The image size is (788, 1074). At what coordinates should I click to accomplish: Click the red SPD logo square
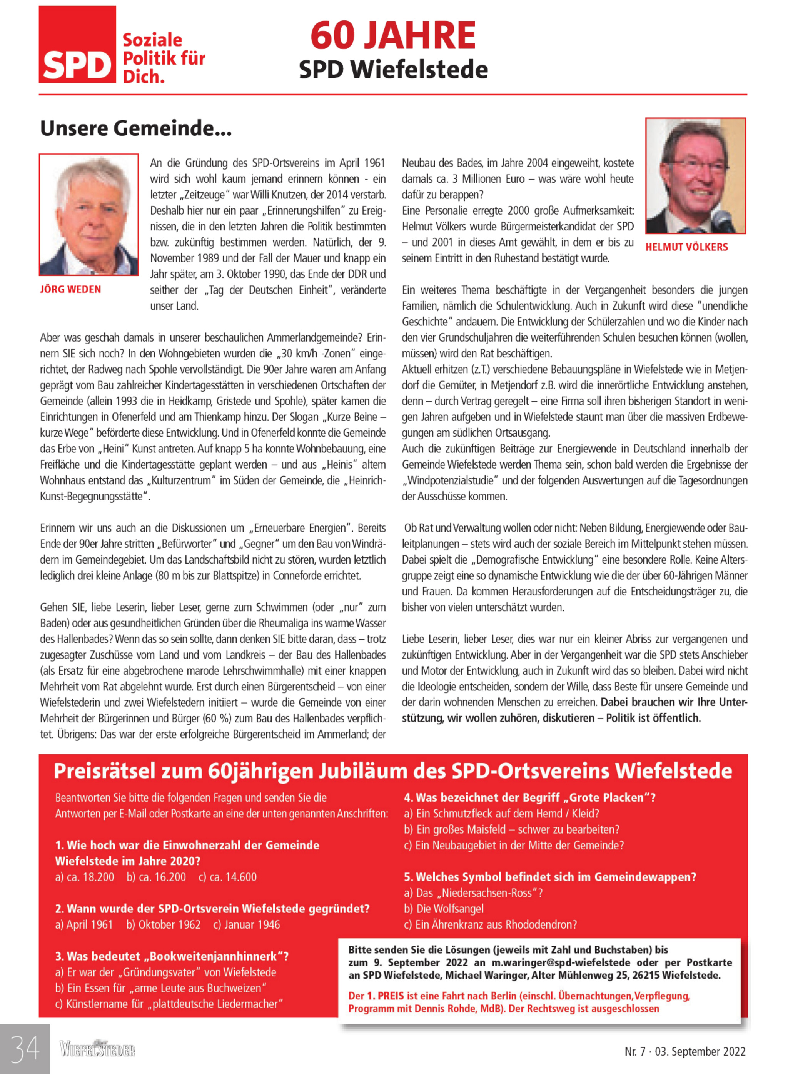77,44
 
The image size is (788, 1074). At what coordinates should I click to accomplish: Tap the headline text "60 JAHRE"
393,36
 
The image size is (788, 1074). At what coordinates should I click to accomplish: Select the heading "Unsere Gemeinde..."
136,129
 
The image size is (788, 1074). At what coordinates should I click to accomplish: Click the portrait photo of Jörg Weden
89,215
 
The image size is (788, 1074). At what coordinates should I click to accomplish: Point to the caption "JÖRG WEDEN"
70,290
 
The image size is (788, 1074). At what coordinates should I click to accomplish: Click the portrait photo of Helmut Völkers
695,175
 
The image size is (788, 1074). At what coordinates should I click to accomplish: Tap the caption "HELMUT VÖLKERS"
686,247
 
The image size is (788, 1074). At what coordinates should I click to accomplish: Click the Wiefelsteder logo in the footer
97,1049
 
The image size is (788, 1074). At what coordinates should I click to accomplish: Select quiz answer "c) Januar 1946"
247,925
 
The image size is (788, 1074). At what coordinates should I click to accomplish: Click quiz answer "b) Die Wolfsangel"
444,909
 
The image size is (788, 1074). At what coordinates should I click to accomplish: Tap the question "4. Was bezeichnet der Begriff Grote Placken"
529,798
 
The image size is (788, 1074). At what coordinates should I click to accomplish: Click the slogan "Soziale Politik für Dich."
164,58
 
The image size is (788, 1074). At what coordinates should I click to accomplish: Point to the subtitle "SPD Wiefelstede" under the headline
393,70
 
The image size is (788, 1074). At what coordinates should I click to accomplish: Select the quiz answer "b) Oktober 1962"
163,925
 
